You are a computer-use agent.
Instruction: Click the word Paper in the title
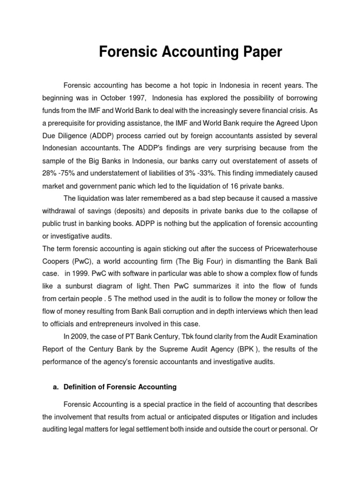258,52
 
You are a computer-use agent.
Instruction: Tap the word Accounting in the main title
195,52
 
